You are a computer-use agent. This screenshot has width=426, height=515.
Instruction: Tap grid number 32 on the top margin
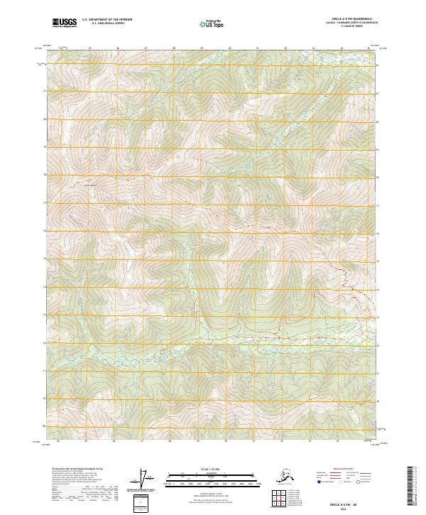[285, 48]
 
